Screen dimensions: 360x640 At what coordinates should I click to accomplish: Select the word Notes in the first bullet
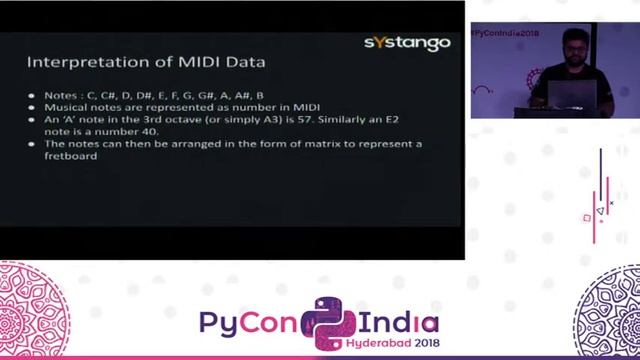pyautogui.click(x=61, y=95)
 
